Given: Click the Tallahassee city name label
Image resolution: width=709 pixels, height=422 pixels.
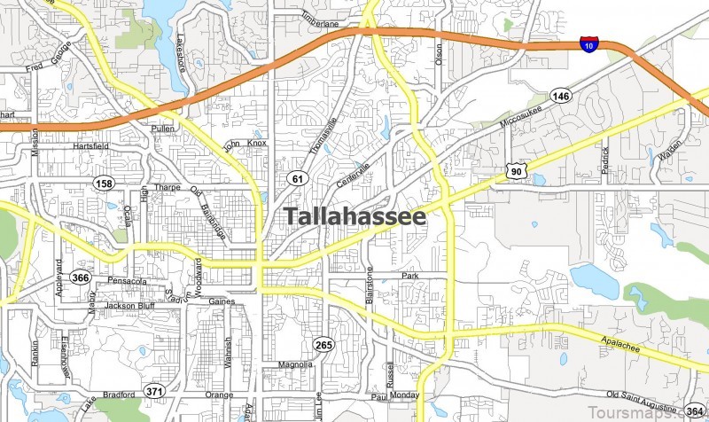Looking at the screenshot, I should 354,216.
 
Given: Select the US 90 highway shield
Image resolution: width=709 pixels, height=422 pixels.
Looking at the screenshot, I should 514,170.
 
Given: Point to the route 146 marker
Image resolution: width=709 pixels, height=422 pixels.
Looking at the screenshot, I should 560,96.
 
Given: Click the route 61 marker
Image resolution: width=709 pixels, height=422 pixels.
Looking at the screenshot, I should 296,179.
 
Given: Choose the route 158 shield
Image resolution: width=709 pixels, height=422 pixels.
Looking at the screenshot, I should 105,183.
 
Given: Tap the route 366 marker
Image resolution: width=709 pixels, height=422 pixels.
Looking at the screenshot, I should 82,277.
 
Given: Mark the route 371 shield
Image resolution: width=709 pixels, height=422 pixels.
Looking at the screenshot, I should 155,391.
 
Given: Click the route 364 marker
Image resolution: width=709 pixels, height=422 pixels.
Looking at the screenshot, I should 694,411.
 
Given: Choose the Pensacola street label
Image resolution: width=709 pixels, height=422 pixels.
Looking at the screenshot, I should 125,281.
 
